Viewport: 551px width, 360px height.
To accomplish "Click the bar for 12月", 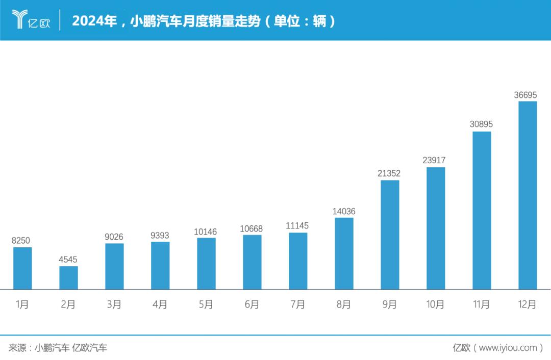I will (x=528, y=195).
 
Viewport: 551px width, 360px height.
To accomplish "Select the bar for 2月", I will (x=68, y=277).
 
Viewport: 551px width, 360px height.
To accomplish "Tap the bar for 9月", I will (x=390, y=235).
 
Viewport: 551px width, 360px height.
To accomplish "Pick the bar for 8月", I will (x=344, y=253).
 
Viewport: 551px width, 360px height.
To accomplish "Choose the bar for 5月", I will (x=206, y=264).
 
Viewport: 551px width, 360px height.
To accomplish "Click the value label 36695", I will (x=525, y=95).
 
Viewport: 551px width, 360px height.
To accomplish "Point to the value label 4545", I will (x=68, y=260).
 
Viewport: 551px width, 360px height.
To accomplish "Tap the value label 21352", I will (x=389, y=174).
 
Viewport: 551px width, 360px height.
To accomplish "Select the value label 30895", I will (x=481, y=124).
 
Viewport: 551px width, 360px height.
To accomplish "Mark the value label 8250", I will (x=22, y=241).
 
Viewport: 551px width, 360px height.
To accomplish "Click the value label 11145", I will (x=297, y=226).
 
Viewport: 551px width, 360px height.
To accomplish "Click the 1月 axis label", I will (x=22, y=304).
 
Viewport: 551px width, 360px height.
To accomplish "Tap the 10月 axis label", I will (x=435, y=304).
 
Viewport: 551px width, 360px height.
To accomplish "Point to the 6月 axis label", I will (x=252, y=304).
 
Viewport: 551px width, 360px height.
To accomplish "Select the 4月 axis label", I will (x=160, y=304).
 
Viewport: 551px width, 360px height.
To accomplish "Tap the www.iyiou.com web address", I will (x=508, y=348).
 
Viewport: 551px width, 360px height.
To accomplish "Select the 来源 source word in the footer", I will (x=17, y=348).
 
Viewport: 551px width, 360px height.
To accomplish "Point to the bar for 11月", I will (x=482, y=211).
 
